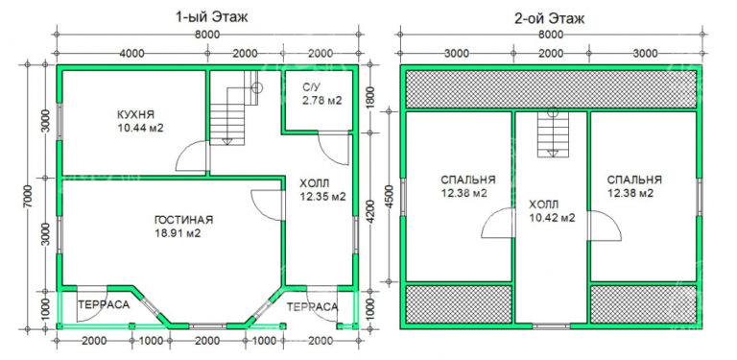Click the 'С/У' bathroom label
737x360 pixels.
311,88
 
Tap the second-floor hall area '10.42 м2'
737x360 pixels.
551,218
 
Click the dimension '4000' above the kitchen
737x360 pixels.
133,51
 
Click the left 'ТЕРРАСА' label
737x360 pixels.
100,305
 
